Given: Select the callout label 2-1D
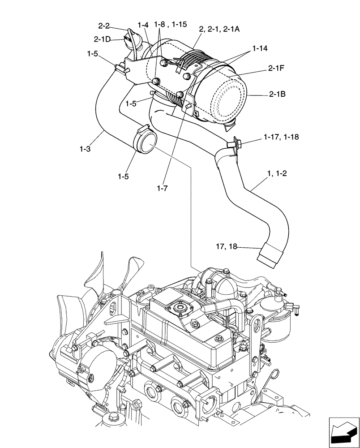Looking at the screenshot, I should pyautogui.click(x=102, y=39).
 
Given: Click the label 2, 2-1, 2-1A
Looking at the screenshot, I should pyautogui.click(x=219, y=29).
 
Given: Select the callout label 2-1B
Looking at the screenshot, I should pyautogui.click(x=278, y=95).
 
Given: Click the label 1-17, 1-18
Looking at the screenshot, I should pyautogui.click(x=282, y=136).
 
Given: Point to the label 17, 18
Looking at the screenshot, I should pyautogui.click(x=227, y=246).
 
